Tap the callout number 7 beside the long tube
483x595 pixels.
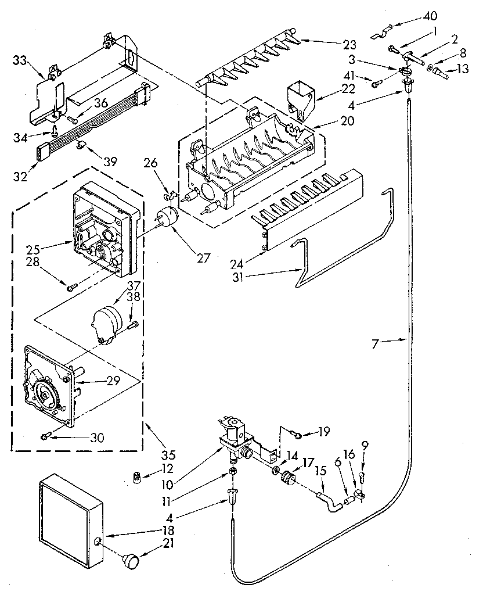[x=376, y=344]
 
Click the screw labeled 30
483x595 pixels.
[x=46, y=435]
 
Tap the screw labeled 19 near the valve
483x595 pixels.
[x=297, y=433]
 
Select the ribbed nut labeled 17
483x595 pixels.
[x=286, y=479]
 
